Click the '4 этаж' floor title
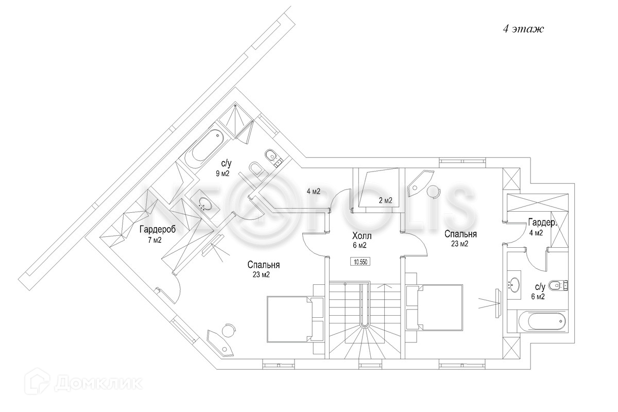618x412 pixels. coord(523,29)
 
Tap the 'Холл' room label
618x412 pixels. coord(362,236)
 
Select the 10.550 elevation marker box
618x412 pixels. coord(360,261)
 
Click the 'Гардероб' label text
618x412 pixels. coord(158,230)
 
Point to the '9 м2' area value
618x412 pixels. coord(222,174)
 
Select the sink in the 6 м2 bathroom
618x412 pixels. coord(514,284)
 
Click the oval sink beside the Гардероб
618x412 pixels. coord(204,203)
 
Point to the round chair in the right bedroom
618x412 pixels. coord(434,191)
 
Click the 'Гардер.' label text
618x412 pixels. coord(542,222)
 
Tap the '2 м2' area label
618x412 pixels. coord(386,201)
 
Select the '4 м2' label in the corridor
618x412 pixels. coord(313,192)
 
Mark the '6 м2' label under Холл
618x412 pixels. coord(359,245)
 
